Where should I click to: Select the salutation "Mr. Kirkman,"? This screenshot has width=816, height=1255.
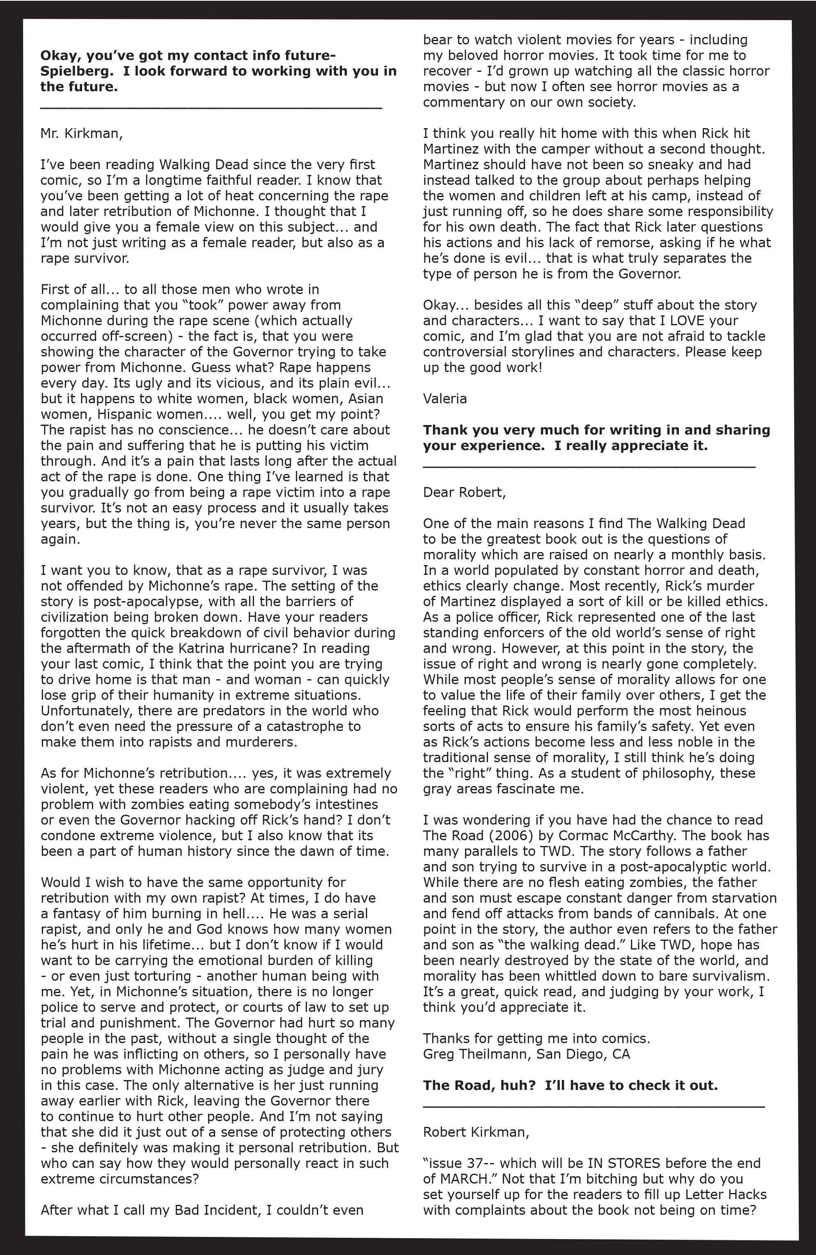click(x=82, y=133)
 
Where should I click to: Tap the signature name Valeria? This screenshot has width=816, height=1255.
click(x=445, y=399)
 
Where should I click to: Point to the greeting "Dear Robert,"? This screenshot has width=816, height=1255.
click(x=464, y=492)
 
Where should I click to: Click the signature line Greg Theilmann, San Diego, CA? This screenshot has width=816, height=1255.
click(x=526, y=1054)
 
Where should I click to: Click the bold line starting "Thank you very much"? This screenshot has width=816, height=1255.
click(x=596, y=430)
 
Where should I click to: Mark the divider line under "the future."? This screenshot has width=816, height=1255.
click(x=211, y=107)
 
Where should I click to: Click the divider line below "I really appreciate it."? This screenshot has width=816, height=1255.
click(x=589, y=467)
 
